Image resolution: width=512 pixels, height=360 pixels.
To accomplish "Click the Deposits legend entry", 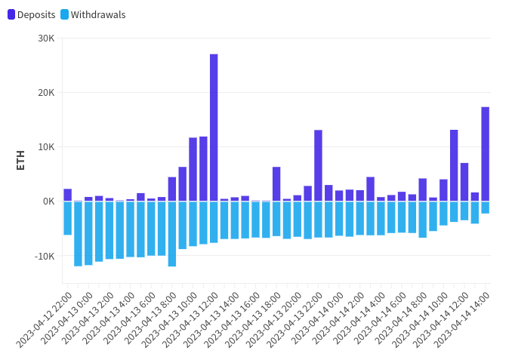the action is (x=32, y=14).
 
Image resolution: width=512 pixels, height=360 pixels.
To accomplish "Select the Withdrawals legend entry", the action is (x=93, y=14).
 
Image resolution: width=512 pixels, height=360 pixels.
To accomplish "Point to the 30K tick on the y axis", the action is (x=46, y=38).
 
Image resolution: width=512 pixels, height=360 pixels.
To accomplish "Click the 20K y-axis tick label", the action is (x=46, y=93).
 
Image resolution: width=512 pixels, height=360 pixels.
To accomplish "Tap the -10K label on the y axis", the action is (x=45, y=256).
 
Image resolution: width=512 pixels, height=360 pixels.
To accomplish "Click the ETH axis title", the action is (x=20, y=160).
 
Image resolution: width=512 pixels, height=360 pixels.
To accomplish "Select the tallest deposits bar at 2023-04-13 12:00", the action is (x=214, y=128).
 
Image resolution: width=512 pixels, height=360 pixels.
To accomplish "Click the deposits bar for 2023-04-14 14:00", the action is (x=486, y=154).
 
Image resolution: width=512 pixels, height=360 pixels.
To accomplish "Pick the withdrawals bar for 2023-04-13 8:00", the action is (x=172, y=234).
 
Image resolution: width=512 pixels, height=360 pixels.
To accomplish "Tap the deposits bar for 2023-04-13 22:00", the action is (x=319, y=165).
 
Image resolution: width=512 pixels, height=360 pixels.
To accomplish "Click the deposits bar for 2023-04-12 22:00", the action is (x=68, y=195).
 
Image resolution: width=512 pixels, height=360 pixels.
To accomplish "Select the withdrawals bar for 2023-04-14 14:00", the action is (x=486, y=208).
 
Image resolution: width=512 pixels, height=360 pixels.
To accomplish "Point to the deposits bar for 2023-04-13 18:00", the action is (x=276, y=184).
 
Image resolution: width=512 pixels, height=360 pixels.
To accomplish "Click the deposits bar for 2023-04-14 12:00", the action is (x=464, y=182).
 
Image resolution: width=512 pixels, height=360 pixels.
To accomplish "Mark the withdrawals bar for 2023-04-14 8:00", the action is (x=423, y=220).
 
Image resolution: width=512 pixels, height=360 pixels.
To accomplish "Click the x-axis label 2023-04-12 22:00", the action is (x=44, y=320).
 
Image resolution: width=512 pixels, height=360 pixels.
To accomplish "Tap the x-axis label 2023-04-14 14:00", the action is (x=461, y=320).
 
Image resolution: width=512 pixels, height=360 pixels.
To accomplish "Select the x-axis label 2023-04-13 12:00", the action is (x=190, y=320).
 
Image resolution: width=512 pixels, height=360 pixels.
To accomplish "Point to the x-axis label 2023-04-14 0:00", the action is (x=317, y=318).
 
